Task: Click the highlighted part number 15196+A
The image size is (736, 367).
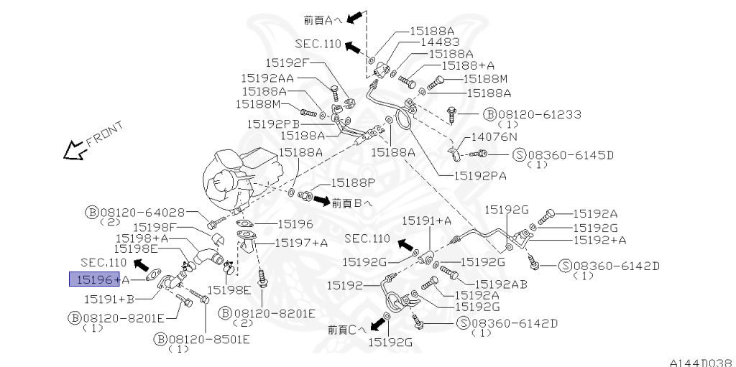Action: click(x=99, y=279)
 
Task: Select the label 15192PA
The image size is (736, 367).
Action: click(x=479, y=175)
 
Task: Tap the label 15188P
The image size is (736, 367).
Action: click(x=354, y=183)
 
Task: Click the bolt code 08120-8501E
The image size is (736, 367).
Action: click(x=205, y=338)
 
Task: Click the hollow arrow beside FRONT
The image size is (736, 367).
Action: click(x=73, y=150)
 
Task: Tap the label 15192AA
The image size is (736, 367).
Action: click(x=267, y=78)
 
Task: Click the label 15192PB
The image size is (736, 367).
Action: click(x=273, y=124)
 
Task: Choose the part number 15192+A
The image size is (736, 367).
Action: click(x=599, y=240)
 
